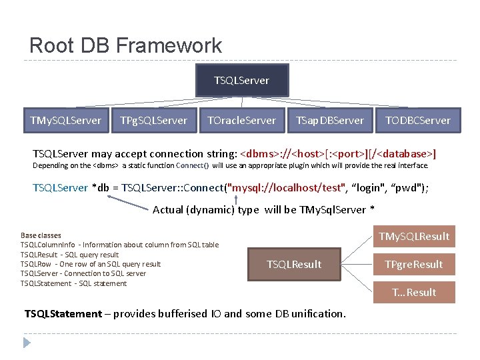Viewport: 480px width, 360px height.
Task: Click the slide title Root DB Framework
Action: tap(125, 45)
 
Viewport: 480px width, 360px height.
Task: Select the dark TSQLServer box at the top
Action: tap(241, 80)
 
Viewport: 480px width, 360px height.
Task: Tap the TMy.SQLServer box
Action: tap(65, 120)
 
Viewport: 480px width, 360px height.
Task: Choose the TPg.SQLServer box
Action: tap(153, 120)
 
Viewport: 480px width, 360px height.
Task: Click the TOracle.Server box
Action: tap(241, 120)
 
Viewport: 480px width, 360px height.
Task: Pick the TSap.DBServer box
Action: tap(329, 120)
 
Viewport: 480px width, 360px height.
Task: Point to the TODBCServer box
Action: tap(418, 120)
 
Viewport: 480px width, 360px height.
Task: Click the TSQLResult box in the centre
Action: tap(294, 265)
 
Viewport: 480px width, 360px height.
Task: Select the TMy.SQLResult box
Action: tap(414, 237)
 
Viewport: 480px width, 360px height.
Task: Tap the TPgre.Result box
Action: tap(414, 265)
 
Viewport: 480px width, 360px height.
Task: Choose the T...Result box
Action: tap(414, 293)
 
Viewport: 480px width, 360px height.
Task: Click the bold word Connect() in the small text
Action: tap(193, 165)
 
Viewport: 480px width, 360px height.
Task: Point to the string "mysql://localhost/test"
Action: tap(286, 188)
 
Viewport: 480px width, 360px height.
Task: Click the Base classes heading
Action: tap(41, 235)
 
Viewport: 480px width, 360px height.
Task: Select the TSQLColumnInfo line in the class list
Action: tap(119, 245)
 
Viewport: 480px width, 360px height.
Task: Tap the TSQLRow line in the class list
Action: tap(91, 264)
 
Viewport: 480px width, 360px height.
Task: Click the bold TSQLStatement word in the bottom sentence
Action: tap(63, 313)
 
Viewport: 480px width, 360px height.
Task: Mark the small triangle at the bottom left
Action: tap(27, 343)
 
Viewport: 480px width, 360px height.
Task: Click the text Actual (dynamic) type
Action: tap(207, 209)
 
